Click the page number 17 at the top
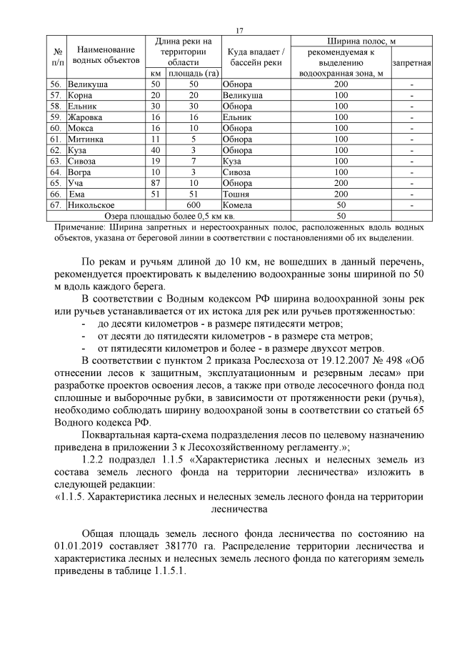[x=238, y=29]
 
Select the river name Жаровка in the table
[x=84, y=117]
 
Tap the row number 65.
[x=54, y=183]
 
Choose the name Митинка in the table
[x=85, y=139]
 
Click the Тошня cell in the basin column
[x=236, y=194]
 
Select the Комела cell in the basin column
[x=238, y=205]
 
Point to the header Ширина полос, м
[x=361, y=41]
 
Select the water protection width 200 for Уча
[x=341, y=183]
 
